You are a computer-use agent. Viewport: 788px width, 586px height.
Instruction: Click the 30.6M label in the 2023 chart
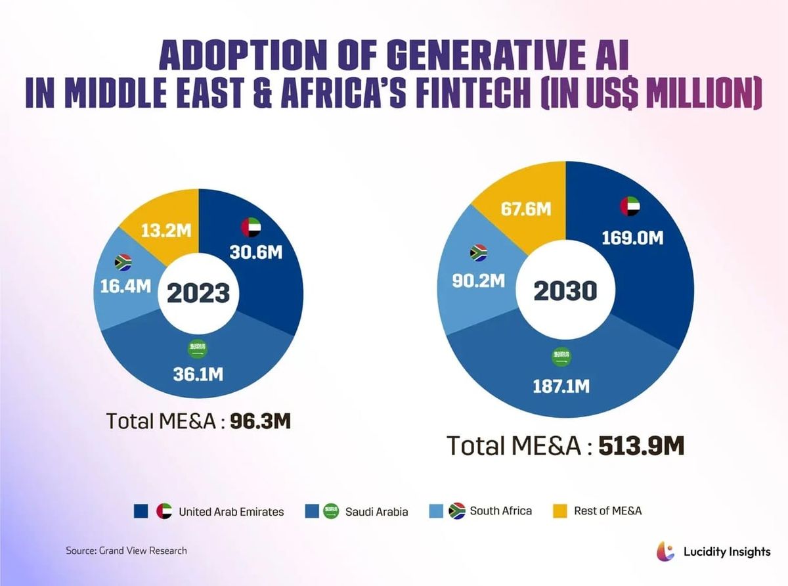pos(256,252)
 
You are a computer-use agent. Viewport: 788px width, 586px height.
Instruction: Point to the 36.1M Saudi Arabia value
pos(198,374)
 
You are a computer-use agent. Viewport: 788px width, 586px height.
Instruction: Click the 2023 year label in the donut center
pos(198,292)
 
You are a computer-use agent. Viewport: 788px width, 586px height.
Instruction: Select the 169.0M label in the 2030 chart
pos(632,237)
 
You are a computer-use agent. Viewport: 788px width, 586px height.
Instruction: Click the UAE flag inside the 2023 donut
pos(251,227)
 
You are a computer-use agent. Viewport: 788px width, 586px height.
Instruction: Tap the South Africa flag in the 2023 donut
pos(123,262)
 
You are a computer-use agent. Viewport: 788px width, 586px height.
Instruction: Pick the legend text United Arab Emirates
pos(231,511)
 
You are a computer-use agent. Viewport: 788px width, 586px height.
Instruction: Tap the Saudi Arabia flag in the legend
pos(332,511)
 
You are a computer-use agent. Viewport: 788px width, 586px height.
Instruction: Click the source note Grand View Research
pos(126,551)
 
